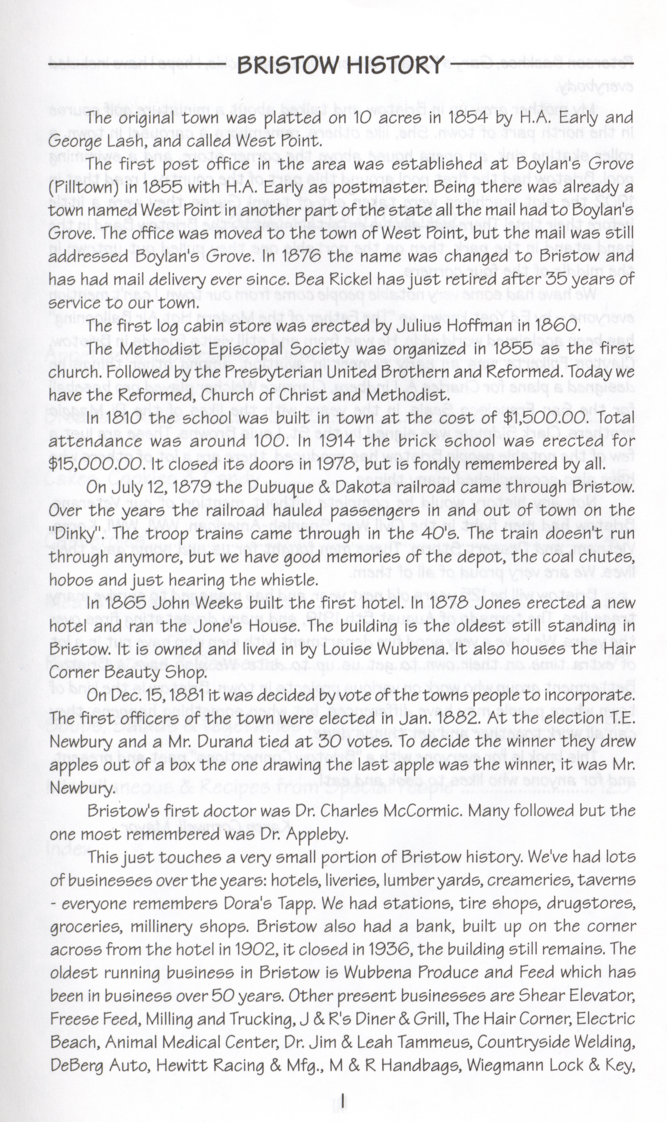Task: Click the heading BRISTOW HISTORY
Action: coord(341,66)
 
